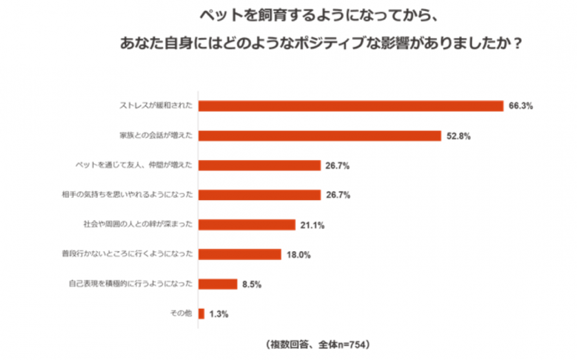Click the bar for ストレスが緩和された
pyautogui.click(x=351, y=106)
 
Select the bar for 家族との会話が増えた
pyautogui.click(x=320, y=136)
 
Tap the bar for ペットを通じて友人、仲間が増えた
pyautogui.click(x=260, y=166)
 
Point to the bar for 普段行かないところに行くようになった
pyautogui.click(x=240, y=254)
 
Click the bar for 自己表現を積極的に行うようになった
pyautogui.click(x=218, y=283)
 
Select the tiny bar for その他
pyautogui.click(x=201, y=313)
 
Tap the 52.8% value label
pyautogui.click(x=458, y=136)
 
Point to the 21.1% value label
pyautogui.click(x=312, y=225)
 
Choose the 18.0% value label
pyautogui.click(x=298, y=254)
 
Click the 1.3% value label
pyautogui.click(x=218, y=313)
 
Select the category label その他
pyautogui.click(x=182, y=313)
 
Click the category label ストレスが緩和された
pyautogui.click(x=157, y=106)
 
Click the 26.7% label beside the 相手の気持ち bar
pyautogui.click(x=338, y=195)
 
